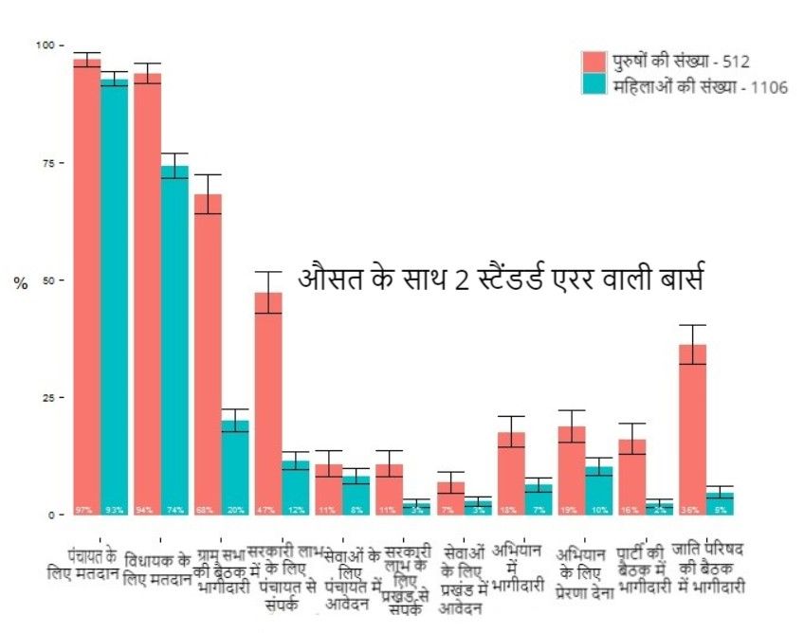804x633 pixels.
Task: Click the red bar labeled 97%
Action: (x=87, y=284)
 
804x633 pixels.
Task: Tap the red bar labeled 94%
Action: (x=147, y=294)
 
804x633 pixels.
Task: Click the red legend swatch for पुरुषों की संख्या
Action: (x=594, y=62)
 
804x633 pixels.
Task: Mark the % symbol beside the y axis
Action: (x=20, y=283)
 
